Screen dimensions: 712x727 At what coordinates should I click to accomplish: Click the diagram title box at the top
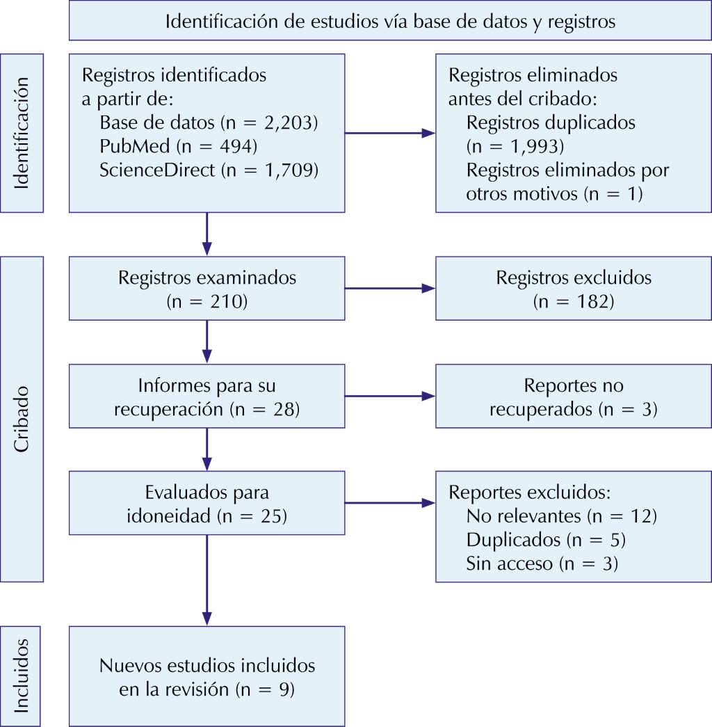click(390, 20)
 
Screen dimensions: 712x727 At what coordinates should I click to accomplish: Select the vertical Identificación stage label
click(22, 133)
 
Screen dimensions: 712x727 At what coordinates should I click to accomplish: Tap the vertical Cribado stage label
click(22, 419)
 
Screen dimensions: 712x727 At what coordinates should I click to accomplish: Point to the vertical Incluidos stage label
click(22, 676)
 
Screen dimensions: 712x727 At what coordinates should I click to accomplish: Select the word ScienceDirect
click(157, 170)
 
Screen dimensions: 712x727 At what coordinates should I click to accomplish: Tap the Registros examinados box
click(207, 289)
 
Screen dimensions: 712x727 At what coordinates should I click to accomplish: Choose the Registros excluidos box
click(574, 289)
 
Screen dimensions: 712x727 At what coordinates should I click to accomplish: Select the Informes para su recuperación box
click(207, 396)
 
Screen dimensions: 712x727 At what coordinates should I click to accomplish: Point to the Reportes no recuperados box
click(574, 396)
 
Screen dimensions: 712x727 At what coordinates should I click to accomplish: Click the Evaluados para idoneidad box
click(207, 503)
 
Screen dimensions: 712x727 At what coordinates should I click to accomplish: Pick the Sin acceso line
click(542, 564)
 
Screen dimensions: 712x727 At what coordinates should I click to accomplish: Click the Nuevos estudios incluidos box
click(207, 676)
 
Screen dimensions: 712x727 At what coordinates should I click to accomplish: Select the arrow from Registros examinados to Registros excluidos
click(390, 289)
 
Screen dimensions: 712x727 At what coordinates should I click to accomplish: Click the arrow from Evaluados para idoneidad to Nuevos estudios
click(207, 580)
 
